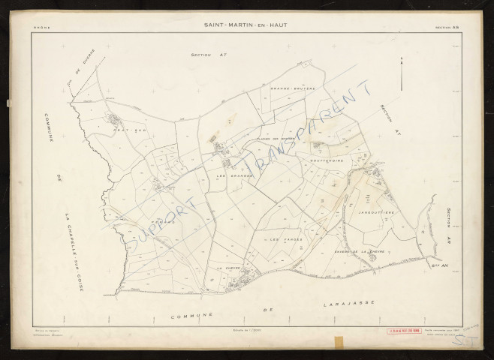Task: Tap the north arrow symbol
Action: tap(404, 76)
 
